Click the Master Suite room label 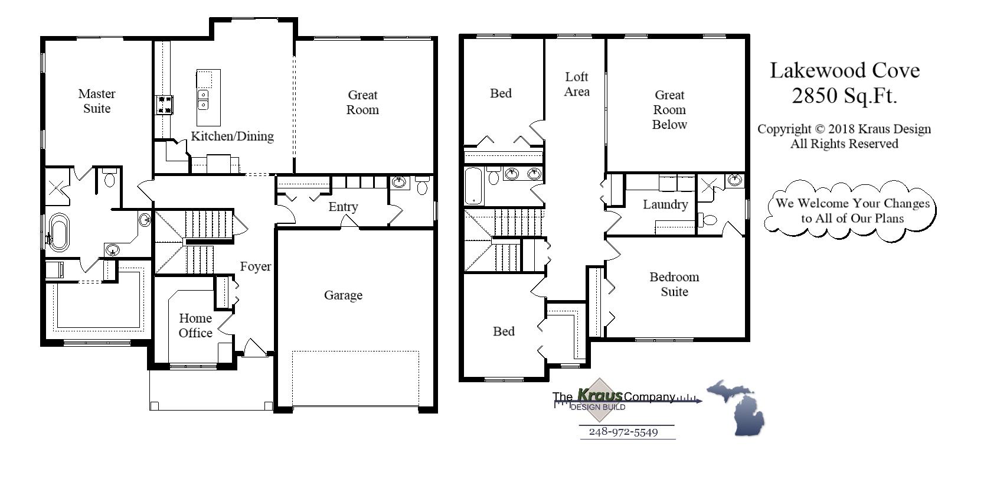[97, 101]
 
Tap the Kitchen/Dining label [232, 136]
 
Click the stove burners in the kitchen [164, 105]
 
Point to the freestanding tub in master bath [58, 232]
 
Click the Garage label [343, 295]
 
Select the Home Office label [195, 326]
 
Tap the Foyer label [256, 266]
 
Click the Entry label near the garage [343, 207]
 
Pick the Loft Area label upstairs [576, 84]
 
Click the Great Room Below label [669, 110]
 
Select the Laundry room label [665, 204]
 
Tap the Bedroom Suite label [674, 284]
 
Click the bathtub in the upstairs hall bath [473, 185]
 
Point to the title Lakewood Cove [844, 70]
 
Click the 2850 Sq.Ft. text [844, 95]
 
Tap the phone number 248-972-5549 [623, 432]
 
